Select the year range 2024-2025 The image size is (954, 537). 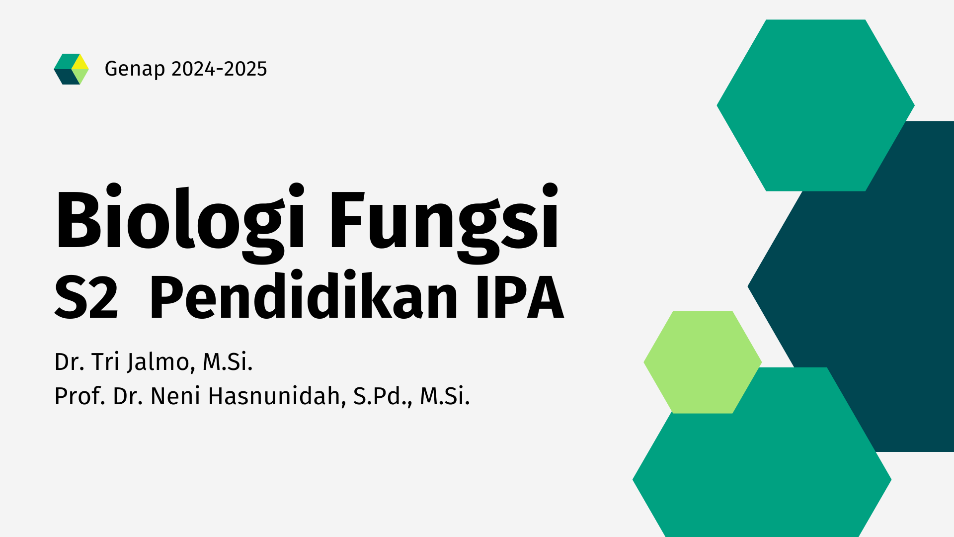click(x=219, y=69)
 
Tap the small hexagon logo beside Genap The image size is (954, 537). click(x=71, y=69)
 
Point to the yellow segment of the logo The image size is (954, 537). click(x=80, y=62)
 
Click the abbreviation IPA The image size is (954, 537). click(x=520, y=297)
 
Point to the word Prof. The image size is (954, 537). click(x=79, y=396)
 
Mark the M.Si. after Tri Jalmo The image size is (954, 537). click(x=228, y=362)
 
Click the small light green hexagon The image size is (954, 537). click(x=702, y=362)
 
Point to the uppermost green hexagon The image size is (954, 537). click(x=815, y=105)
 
